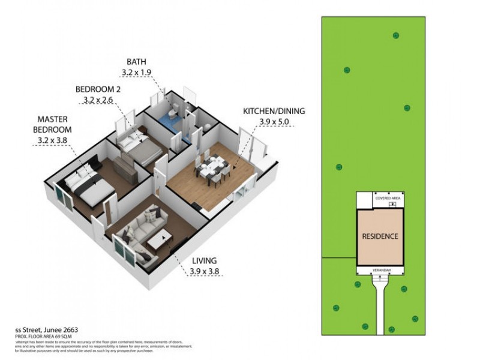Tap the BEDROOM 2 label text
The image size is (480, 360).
(x=98, y=89)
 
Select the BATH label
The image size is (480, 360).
(x=136, y=61)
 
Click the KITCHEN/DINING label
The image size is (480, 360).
(x=274, y=111)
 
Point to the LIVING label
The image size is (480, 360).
(x=204, y=261)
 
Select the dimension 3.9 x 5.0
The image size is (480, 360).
(x=274, y=122)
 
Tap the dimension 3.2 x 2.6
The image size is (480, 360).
(x=98, y=101)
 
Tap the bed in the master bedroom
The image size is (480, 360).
(x=90, y=186)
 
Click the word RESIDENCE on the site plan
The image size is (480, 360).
(x=379, y=236)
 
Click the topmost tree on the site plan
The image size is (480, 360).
(x=395, y=35)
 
